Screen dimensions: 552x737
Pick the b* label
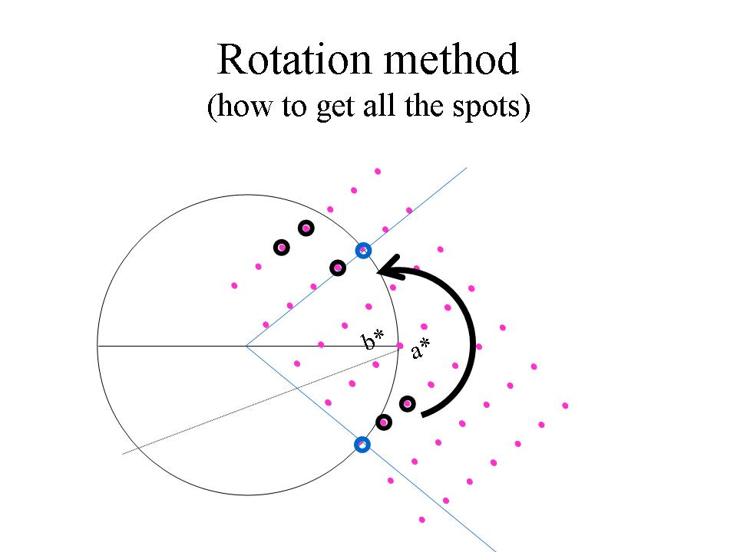tap(373, 340)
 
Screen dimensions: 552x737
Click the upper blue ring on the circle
tap(363, 250)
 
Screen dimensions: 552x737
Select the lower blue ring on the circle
tap(362, 444)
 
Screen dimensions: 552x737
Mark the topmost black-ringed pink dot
tap(306, 228)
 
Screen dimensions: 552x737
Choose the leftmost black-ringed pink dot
tap(282, 247)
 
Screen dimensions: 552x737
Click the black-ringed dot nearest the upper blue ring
tap(337, 267)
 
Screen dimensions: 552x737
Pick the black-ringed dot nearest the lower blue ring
tap(383, 422)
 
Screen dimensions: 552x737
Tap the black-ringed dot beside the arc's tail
tap(407, 403)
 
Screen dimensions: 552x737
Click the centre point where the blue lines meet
tap(246, 346)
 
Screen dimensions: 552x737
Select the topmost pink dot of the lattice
tap(377, 171)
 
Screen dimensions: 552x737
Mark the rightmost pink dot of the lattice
tap(565, 406)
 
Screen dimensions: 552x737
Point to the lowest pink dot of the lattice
tap(422, 520)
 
